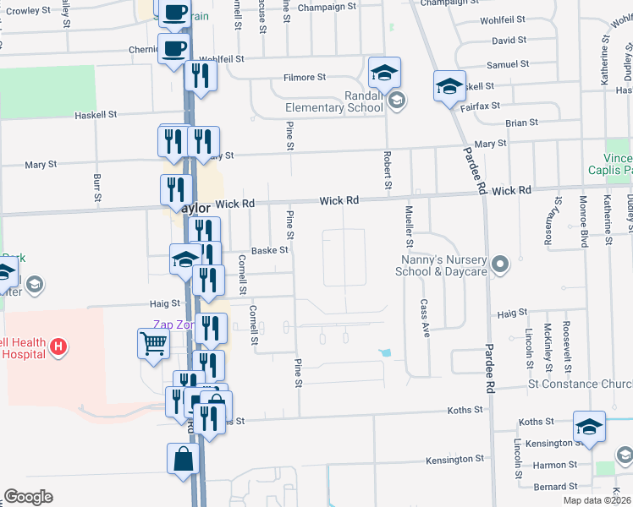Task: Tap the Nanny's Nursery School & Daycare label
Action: coord(441,265)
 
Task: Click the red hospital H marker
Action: coord(58,346)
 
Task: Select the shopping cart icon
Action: coord(153,343)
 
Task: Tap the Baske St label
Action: coord(270,250)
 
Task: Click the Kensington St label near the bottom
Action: coord(462,460)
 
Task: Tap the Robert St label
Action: coord(388,170)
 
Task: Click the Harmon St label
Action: coord(555,466)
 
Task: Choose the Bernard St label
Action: coord(555,487)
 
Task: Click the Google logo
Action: coord(28,497)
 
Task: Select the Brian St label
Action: coord(516,123)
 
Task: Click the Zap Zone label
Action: coord(173,324)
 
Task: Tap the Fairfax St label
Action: coord(480,106)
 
